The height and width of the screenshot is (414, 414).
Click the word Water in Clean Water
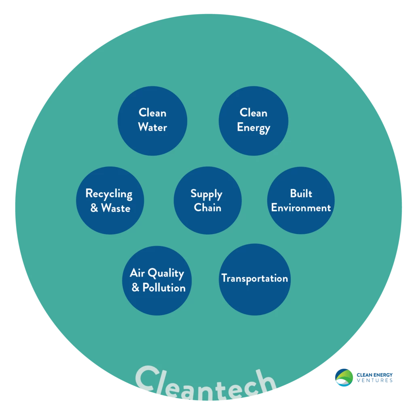(152, 127)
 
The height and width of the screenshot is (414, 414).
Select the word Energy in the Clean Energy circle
(253, 128)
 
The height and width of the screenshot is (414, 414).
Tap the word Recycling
(109, 194)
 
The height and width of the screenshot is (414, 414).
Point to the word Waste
(116, 208)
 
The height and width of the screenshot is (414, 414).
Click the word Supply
(207, 194)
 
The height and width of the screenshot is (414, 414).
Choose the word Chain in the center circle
(207, 207)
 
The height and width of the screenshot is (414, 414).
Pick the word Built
(301, 193)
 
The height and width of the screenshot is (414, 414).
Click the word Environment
(301, 208)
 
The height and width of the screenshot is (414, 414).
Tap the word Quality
(166, 274)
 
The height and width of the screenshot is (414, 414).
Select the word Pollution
(164, 287)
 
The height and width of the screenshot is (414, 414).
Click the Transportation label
(255, 279)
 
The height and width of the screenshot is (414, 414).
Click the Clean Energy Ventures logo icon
(344, 378)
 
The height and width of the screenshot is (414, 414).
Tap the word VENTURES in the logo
(375, 380)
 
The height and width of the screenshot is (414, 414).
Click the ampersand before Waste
(94, 208)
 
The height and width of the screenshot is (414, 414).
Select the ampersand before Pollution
(135, 287)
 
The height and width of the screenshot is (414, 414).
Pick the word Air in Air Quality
(137, 273)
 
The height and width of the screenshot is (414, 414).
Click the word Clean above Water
(152, 112)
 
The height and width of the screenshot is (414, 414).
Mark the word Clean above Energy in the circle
(253, 112)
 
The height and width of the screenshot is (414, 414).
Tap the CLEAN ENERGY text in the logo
(375, 375)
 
